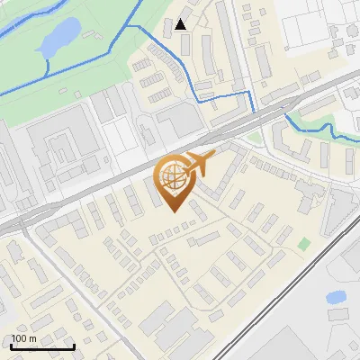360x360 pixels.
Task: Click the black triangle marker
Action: [x=181, y=24]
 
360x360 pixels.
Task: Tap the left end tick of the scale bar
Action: [x=11, y=346]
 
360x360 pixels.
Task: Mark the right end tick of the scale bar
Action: [x=74, y=346]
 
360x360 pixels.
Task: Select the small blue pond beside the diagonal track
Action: [x=336, y=296]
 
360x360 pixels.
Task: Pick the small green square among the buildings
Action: [x=304, y=243]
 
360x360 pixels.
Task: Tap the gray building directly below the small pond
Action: [x=338, y=315]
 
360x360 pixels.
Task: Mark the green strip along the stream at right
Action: [x=310, y=112]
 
